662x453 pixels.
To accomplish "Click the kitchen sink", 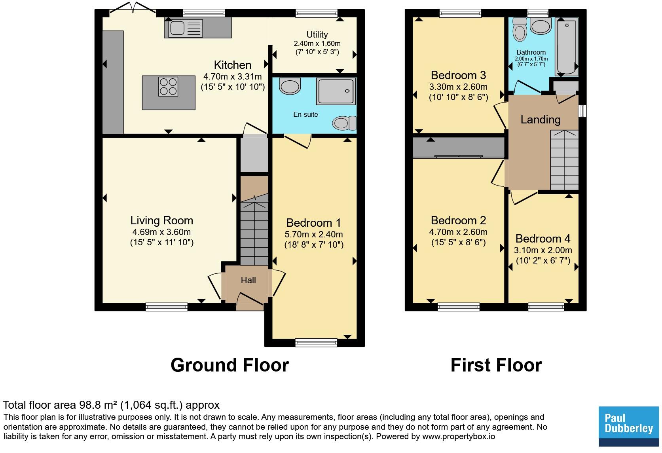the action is coord(186,28).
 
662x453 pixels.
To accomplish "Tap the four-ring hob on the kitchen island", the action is coord(168,86).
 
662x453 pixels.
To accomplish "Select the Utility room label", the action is coord(317,34).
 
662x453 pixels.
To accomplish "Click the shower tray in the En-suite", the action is coord(336,91).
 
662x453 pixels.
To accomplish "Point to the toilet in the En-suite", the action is coord(344,123).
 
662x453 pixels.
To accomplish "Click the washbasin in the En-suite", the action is coord(290,86).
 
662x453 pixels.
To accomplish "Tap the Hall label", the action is coord(248,280).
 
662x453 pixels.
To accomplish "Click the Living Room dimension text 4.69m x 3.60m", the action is coord(162,232).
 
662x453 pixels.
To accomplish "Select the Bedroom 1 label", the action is coord(313,222).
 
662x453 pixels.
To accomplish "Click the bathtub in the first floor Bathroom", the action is coord(567,47).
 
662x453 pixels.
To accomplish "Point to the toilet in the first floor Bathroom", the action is coord(520,29).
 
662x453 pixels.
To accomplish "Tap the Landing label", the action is coord(541,119).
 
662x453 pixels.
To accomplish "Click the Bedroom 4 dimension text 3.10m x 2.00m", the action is coord(543,250).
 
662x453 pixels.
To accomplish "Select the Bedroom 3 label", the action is coord(458,75).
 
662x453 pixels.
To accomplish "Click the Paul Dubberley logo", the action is coord(629,426).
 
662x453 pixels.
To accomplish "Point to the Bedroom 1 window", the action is coord(316,342).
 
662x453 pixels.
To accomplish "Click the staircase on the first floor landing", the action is coord(564,160).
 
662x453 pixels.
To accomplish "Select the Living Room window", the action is coord(167,307).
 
